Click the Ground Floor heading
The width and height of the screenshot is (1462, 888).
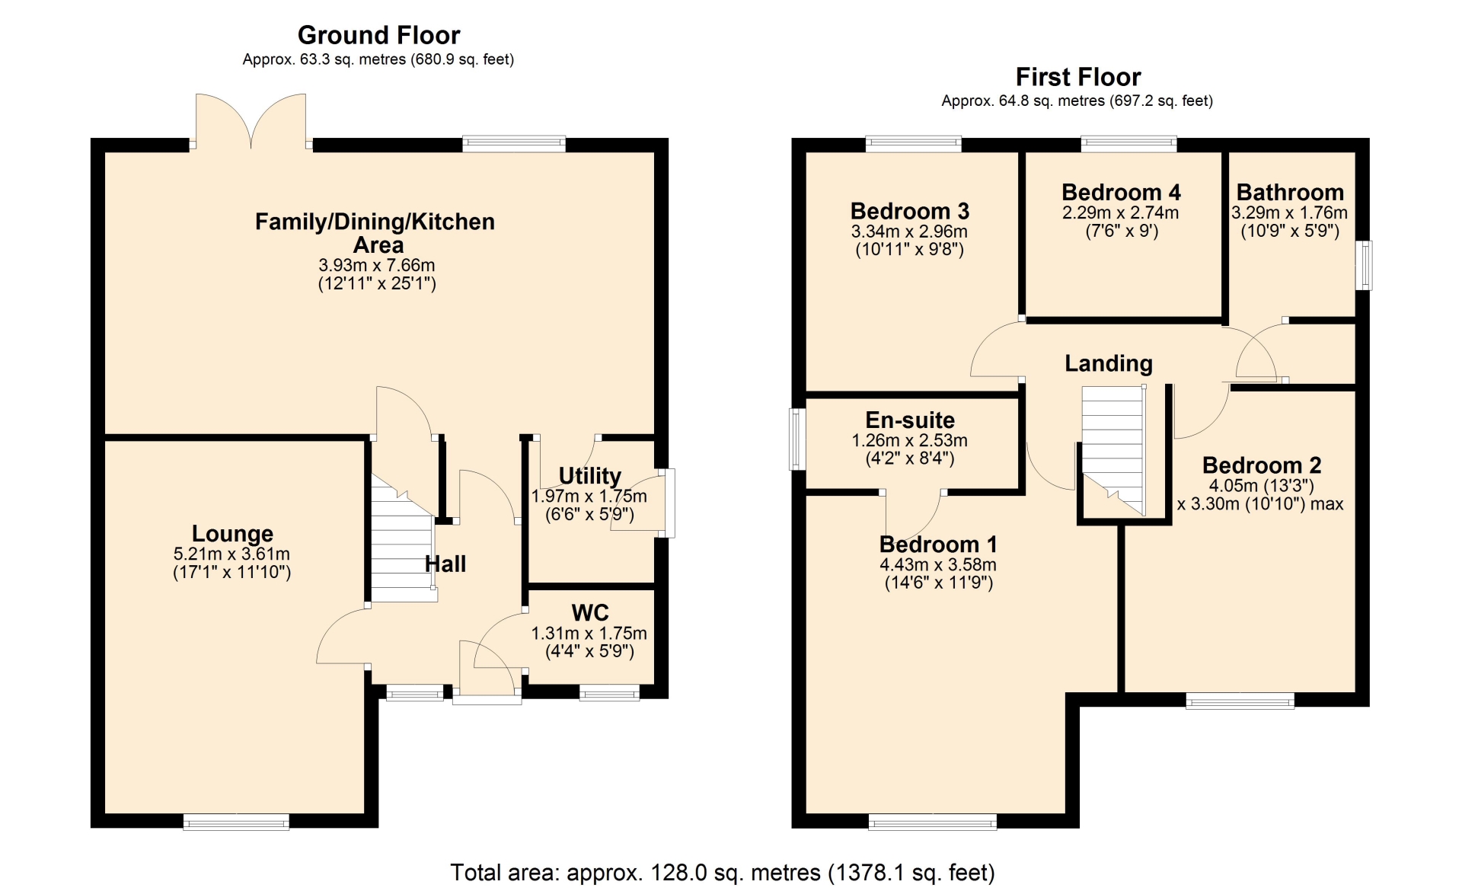(x=378, y=35)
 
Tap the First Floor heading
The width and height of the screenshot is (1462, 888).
(x=1077, y=77)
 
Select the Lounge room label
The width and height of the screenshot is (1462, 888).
(x=232, y=534)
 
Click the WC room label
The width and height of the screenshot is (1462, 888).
(x=590, y=612)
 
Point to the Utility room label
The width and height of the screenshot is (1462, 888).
(x=590, y=476)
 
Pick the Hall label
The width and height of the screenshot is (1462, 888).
(x=445, y=564)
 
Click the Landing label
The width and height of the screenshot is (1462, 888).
(x=1109, y=364)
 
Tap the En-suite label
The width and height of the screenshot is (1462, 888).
(x=910, y=420)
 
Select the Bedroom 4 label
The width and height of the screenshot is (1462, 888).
(x=1121, y=193)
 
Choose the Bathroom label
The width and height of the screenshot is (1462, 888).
(x=1290, y=193)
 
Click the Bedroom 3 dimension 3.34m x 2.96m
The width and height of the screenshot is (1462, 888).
(x=909, y=232)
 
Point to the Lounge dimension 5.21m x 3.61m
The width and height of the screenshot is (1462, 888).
(x=231, y=554)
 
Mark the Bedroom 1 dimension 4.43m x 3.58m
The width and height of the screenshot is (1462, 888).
(x=938, y=565)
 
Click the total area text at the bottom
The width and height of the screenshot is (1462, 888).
(x=723, y=872)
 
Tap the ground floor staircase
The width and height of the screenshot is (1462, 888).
(x=403, y=538)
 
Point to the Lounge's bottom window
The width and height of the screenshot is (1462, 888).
(x=236, y=822)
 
